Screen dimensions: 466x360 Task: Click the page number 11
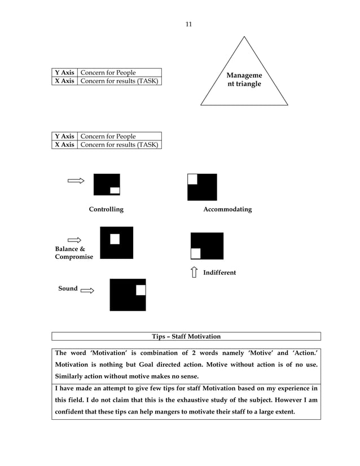click(x=188, y=24)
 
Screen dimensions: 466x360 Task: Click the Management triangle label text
click(x=244, y=80)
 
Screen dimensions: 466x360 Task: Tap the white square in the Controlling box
click(x=115, y=190)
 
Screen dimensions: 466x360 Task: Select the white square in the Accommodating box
click(x=192, y=179)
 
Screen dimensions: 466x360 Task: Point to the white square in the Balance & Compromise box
click(x=115, y=239)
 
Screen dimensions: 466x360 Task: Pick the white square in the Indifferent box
click(x=196, y=253)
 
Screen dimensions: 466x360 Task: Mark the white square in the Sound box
click(x=141, y=290)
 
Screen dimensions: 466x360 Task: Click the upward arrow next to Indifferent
click(x=194, y=272)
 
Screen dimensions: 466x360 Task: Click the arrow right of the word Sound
click(x=87, y=291)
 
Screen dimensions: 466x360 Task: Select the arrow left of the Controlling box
click(x=76, y=181)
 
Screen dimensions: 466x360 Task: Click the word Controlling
click(x=106, y=209)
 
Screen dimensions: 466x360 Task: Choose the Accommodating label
click(x=227, y=209)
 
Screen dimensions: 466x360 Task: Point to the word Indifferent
click(x=219, y=272)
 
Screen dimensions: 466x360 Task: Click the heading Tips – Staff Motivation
click(x=186, y=336)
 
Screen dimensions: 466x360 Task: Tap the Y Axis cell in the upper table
click(x=64, y=73)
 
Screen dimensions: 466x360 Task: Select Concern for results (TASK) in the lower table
click(x=119, y=145)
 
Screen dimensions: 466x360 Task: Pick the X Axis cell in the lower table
click(x=64, y=145)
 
